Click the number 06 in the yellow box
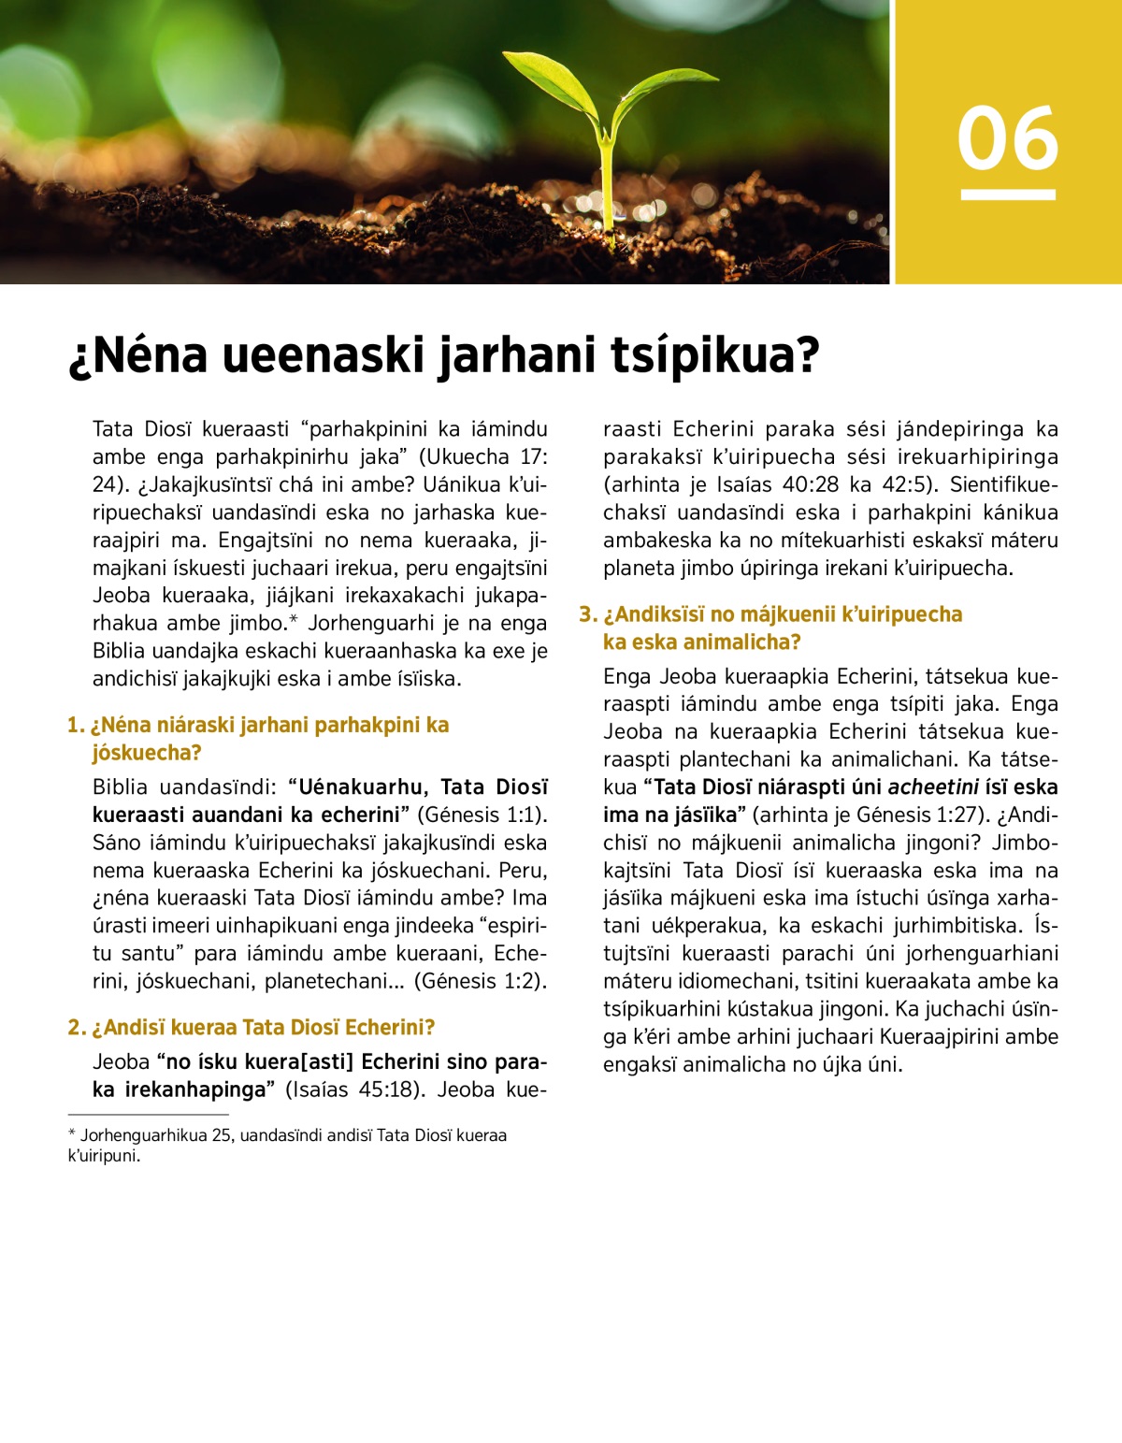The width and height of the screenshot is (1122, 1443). coord(1007,138)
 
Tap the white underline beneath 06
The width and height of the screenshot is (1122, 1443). coord(1007,195)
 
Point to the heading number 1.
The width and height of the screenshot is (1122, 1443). coord(75,726)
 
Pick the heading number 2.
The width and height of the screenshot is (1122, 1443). coord(76,1028)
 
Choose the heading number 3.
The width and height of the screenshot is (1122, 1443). coord(587,614)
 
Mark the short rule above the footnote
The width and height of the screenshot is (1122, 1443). coord(148,1115)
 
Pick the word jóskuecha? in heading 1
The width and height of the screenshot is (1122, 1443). coord(147,753)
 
